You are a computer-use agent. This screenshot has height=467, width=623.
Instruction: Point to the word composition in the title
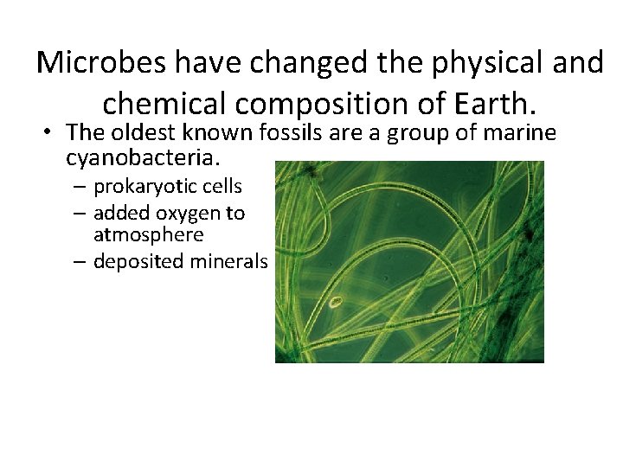pyautogui.click(x=337, y=102)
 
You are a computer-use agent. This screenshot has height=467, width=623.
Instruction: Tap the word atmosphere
pyautogui.click(x=148, y=234)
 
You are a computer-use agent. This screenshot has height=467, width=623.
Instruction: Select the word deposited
pyautogui.click(x=140, y=262)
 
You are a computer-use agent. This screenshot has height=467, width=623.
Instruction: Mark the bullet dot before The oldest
pyautogui.click(x=51, y=133)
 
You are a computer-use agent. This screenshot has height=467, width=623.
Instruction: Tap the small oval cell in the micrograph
pyautogui.click(x=338, y=304)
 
